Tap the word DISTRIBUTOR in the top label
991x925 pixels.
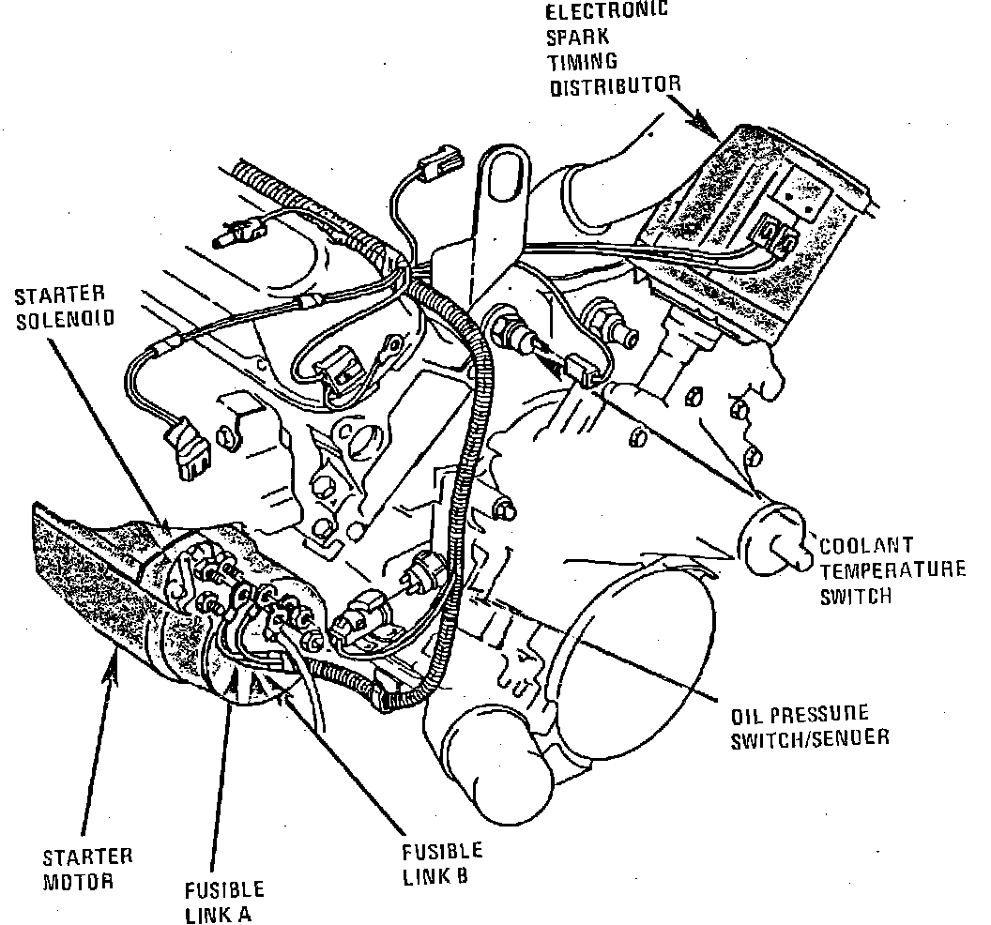(x=615, y=87)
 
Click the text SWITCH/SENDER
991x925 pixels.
(x=810, y=737)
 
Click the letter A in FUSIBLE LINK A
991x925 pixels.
(x=246, y=913)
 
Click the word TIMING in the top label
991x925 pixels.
(x=582, y=63)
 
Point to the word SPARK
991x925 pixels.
(x=576, y=38)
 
